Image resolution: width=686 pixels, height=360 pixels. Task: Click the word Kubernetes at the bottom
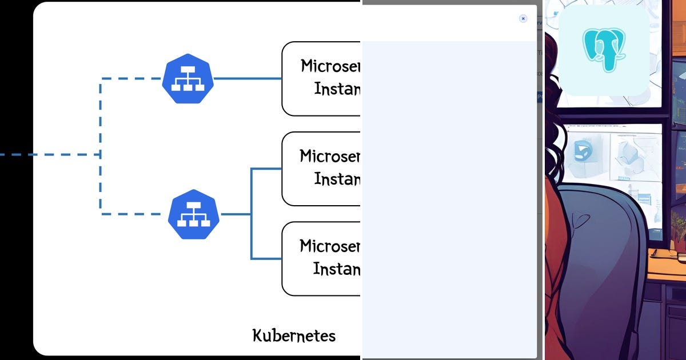coord(294,335)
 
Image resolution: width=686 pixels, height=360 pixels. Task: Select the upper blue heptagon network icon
coord(188,79)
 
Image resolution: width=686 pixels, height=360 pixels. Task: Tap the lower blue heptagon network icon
coord(194,214)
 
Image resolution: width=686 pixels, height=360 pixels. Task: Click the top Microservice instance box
coord(321,79)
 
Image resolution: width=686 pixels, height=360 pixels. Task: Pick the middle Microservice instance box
coord(321,169)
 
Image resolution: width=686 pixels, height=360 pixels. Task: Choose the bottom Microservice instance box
coord(321,258)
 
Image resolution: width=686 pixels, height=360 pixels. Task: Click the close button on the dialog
coord(523,18)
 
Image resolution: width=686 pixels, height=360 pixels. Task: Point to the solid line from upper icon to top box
coord(247,78)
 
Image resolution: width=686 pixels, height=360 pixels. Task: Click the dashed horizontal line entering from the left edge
coord(46,154)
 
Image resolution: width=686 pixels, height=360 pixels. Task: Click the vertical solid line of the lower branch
coord(251,214)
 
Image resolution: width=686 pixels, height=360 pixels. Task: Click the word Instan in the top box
coord(337,90)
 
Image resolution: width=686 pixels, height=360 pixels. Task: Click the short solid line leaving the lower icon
coord(236,214)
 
